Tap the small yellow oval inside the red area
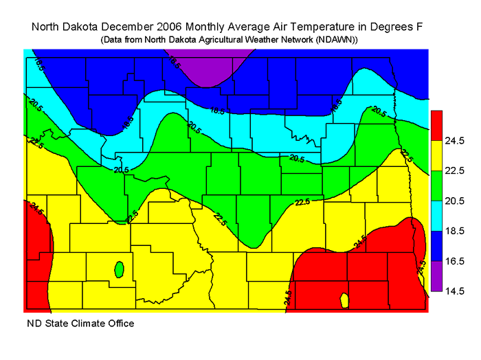point(344,300)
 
